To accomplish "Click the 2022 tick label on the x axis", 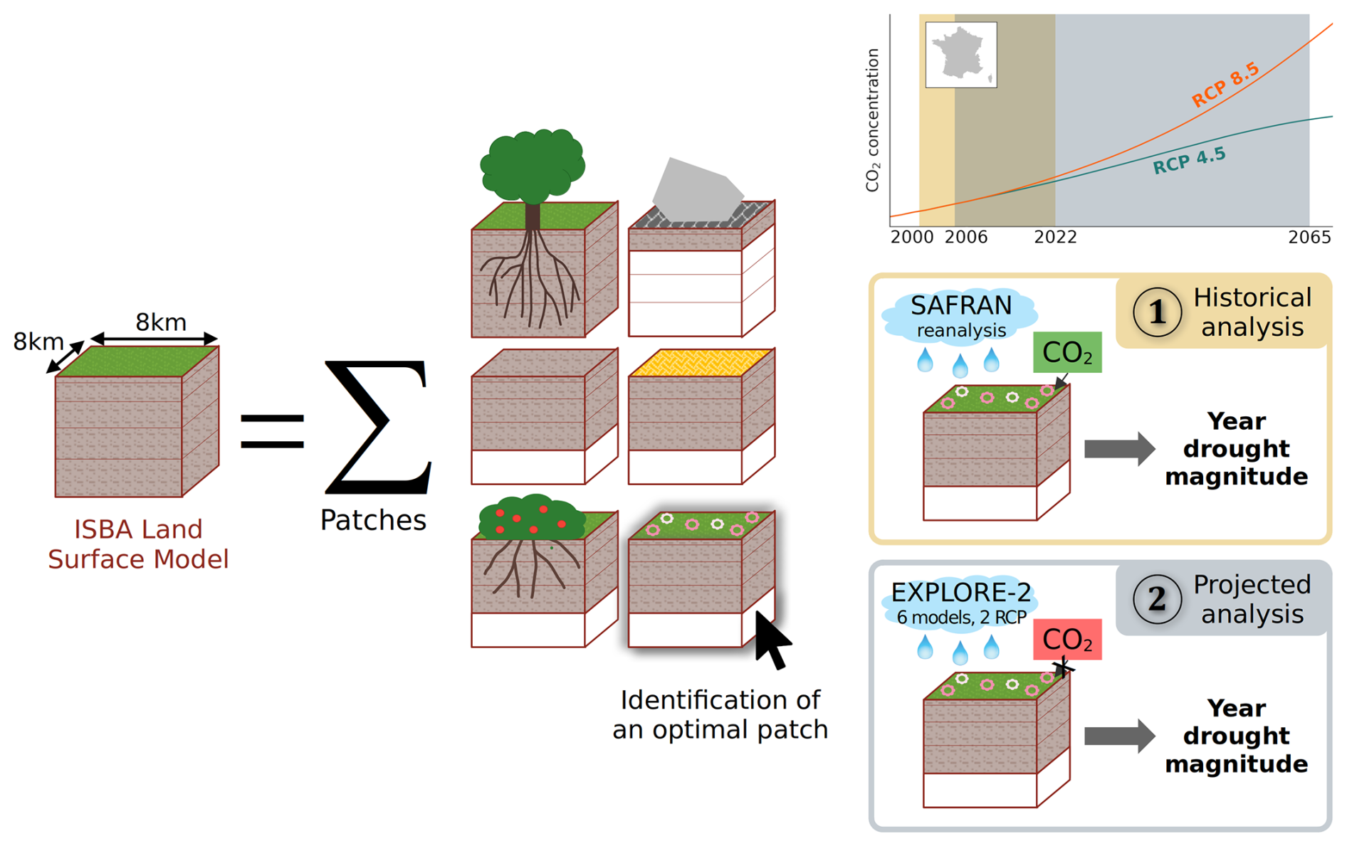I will (1055, 238).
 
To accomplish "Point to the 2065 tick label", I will (1309, 238).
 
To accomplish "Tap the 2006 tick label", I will (966, 238).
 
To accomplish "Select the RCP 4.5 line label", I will (1189, 161).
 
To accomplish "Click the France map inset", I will (961, 55).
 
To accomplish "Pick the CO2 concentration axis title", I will (873, 120).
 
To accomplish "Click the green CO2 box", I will (1067, 352).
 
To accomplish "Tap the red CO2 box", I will (1067, 640).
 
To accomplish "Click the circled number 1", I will (1157, 312).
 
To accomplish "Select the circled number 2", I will (1157, 599).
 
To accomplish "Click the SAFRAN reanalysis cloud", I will (960, 315).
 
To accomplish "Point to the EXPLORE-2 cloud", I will (960, 602).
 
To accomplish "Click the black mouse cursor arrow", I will (771, 640).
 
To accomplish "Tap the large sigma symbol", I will (377, 427).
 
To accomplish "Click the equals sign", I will (272, 431).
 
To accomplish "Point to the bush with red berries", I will (530, 517).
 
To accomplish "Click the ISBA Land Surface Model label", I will (138, 544).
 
